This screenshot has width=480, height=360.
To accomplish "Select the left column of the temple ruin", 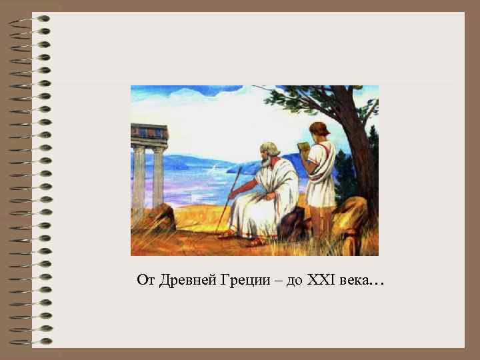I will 139,177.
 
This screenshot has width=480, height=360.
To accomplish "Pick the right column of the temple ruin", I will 158,177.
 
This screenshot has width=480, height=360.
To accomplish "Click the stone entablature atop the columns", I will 148,133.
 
